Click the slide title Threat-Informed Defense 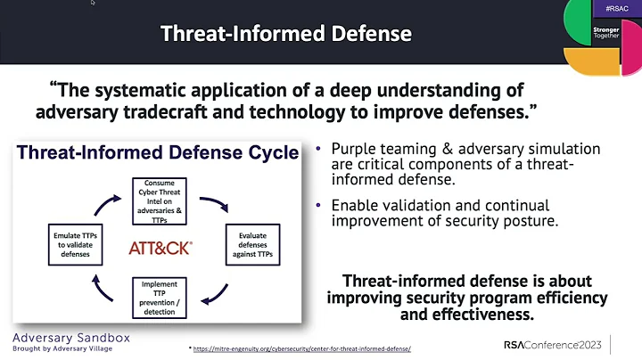click(x=285, y=35)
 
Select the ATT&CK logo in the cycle click(x=160, y=245)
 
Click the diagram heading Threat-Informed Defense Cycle click(x=156, y=153)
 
